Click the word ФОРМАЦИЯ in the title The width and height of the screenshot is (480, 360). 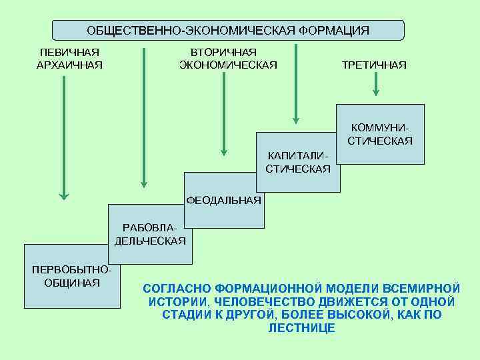pos(333,31)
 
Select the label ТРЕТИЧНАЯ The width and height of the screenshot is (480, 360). pos(373,65)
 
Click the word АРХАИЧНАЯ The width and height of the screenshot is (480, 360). pos(70,65)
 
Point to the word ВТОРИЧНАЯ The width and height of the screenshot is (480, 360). pos(224,52)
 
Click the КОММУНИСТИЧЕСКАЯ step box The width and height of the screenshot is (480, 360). pos(380,134)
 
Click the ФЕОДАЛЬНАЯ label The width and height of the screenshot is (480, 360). pos(223,200)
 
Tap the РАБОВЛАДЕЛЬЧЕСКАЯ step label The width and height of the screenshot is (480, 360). pos(151,235)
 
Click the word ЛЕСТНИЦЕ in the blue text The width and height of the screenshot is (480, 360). pos(301,329)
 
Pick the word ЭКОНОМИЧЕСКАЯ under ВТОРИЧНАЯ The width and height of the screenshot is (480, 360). pos(228,65)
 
